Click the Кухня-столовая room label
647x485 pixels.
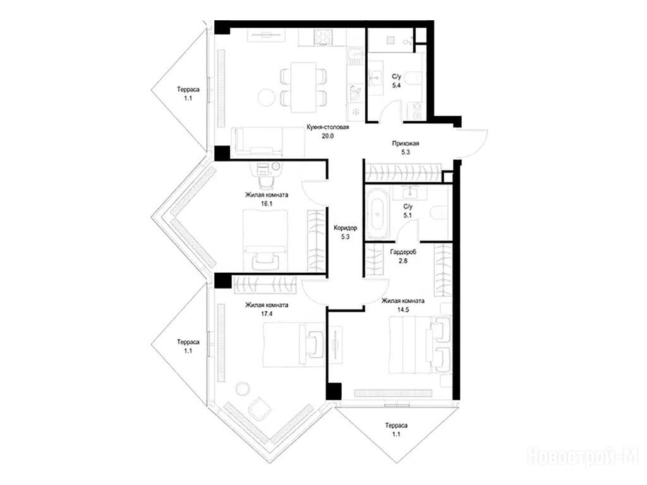click(x=328, y=127)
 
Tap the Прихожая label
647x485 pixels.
click(x=405, y=143)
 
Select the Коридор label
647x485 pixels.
click(x=346, y=227)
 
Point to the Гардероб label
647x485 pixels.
click(x=403, y=251)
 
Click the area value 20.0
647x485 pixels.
click(x=328, y=136)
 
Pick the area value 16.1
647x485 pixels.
click(x=267, y=204)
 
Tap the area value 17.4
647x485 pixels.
click(x=267, y=314)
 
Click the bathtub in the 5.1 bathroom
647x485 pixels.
click(x=378, y=213)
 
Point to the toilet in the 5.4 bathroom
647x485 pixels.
click(x=414, y=76)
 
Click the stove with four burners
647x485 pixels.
click(x=323, y=37)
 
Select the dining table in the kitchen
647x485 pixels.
click(x=303, y=87)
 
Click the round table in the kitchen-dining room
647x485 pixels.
click(x=266, y=97)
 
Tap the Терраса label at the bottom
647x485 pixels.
click(x=396, y=426)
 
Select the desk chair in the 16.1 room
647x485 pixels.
click(x=267, y=181)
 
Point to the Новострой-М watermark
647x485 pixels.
click(x=583, y=456)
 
